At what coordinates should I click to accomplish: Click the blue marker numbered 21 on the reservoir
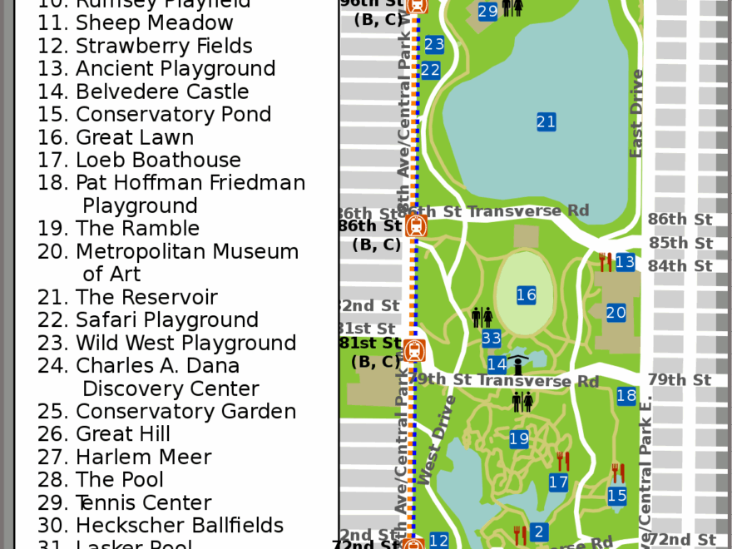click(x=546, y=122)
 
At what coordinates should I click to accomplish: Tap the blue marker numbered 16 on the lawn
click(x=526, y=294)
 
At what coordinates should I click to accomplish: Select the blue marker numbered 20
click(x=616, y=313)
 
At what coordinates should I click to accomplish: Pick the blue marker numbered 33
click(x=492, y=338)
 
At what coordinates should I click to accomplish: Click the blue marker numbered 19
click(x=519, y=438)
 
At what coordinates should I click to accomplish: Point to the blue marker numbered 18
click(x=626, y=396)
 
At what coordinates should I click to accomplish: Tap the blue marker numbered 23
click(x=434, y=45)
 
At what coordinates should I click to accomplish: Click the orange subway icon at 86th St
click(x=417, y=225)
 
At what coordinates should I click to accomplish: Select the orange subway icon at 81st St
click(x=415, y=350)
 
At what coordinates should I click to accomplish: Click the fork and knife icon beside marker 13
click(x=606, y=262)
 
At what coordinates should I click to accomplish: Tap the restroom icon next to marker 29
click(x=512, y=7)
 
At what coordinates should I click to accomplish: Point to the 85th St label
click(x=680, y=243)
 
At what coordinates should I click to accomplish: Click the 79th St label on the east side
click(x=680, y=380)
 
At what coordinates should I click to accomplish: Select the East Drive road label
click(x=636, y=113)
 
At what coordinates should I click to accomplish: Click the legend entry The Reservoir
click(x=146, y=297)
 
